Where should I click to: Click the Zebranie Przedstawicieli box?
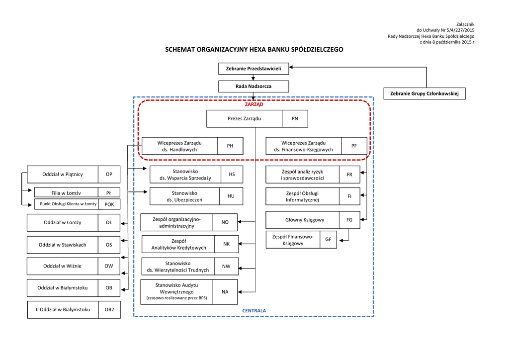tap(254, 68)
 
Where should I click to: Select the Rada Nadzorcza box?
tap(254, 86)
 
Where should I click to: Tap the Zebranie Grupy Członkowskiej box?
tap(424, 93)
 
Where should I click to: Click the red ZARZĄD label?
tap(254, 104)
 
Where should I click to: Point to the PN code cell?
tap(295, 119)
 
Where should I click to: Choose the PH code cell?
tap(230, 146)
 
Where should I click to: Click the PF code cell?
tap(354, 146)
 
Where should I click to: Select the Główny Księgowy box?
tap(305, 220)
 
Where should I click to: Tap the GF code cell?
tap(328, 240)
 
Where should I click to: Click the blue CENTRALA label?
tap(254, 311)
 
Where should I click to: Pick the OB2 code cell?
tap(109, 310)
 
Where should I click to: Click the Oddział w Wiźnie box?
tap(62, 266)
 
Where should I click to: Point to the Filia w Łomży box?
tap(66, 192)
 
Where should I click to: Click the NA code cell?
tap(225, 292)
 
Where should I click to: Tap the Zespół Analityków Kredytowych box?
tap(178, 244)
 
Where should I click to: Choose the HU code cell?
tap(231, 196)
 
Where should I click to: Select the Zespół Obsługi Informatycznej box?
tap(302, 196)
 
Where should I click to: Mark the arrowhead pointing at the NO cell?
tap(240, 222)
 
